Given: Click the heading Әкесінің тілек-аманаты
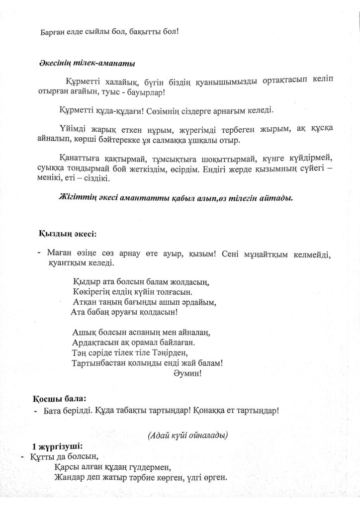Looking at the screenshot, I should coord(86,64).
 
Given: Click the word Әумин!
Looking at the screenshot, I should coord(188,373).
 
